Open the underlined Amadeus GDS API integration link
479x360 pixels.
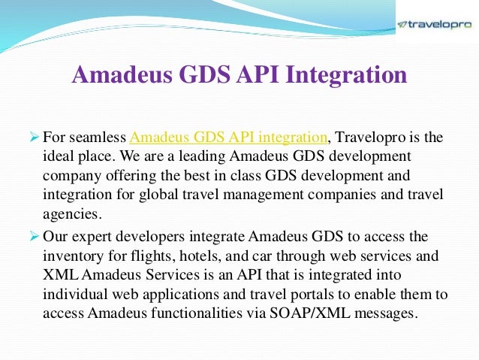[229, 138]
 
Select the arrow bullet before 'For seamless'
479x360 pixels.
[34, 138]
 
